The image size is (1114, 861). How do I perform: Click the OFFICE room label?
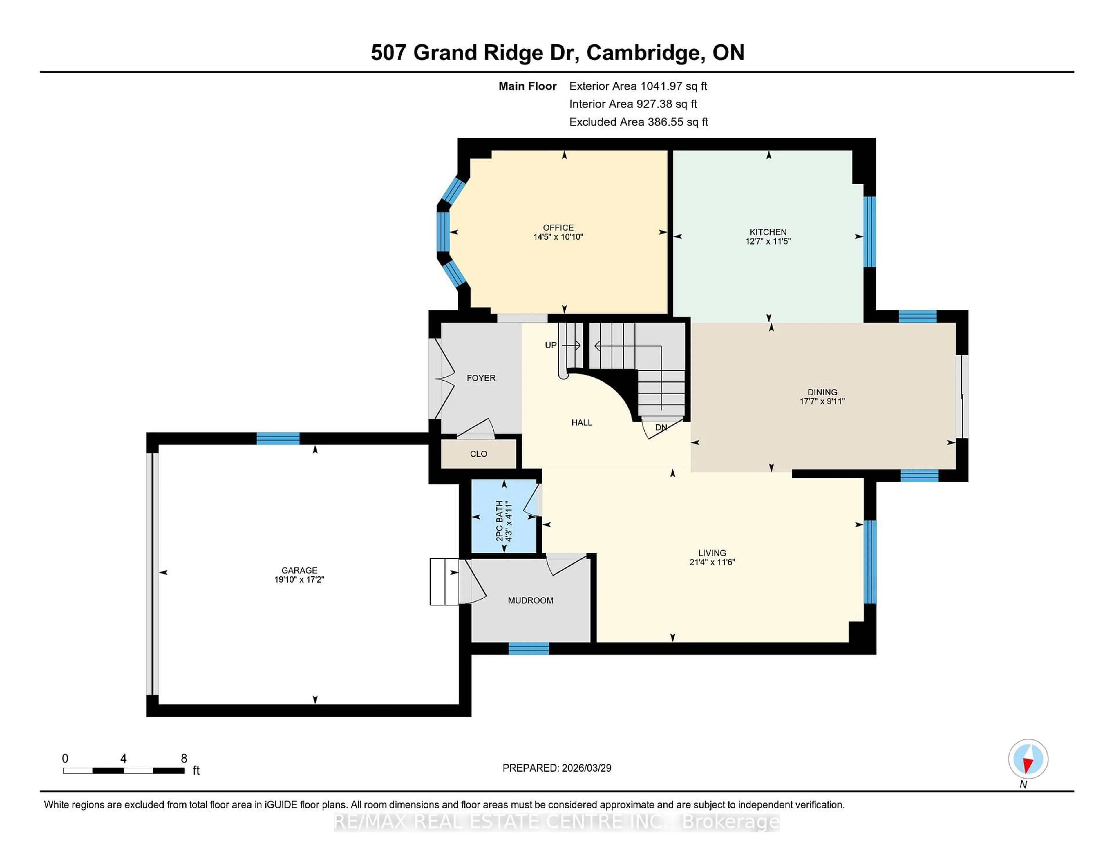tap(558, 227)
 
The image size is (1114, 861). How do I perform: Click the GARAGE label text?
tap(299, 570)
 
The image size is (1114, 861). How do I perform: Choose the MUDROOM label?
tap(531, 600)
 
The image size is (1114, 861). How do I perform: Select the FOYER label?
tap(481, 378)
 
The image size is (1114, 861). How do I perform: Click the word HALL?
tap(581, 422)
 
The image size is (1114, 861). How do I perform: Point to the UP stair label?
tap(550, 345)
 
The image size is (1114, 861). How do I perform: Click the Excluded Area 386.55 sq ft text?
tap(638, 122)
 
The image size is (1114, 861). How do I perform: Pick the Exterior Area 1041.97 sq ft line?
tap(638, 86)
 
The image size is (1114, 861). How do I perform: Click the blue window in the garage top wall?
tap(278, 439)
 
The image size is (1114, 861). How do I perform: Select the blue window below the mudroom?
tap(529, 648)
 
